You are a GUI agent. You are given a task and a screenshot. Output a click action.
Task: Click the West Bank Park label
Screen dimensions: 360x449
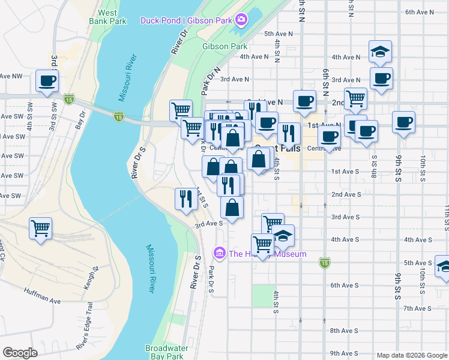107,16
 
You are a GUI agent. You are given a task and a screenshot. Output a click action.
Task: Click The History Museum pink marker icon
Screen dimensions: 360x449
219,254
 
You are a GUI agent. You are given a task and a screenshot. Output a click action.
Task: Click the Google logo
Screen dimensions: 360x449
20,353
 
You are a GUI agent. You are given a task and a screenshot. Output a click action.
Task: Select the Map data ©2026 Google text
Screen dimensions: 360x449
411,355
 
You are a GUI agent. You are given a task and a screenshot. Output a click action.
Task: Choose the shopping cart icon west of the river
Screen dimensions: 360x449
40,228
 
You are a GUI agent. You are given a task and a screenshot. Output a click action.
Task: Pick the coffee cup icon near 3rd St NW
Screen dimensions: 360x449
47,80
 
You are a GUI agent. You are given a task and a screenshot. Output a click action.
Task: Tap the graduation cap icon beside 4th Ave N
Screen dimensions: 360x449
380,52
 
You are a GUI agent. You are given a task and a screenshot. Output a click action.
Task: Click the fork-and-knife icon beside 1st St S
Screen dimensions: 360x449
186,197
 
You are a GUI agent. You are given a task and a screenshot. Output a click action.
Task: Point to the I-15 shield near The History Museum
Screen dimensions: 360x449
325,262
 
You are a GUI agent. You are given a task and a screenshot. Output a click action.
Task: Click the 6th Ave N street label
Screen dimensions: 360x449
420,12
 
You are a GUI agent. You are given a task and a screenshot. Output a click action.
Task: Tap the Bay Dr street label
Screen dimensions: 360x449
79,124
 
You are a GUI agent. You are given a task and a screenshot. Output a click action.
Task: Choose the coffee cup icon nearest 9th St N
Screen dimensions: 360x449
403,122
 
